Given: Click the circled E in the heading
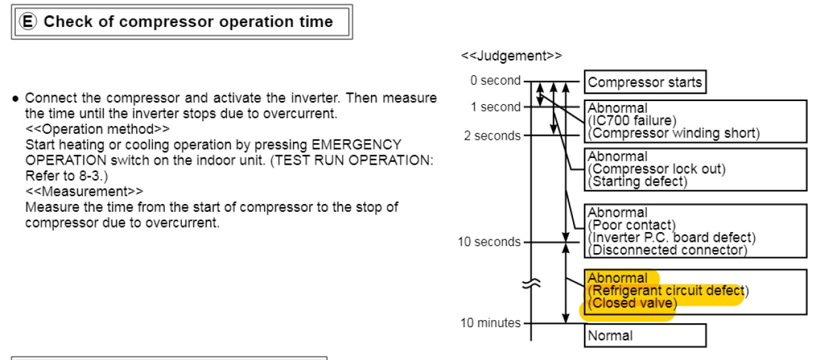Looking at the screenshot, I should (29, 22).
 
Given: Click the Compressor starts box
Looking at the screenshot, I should (644, 83).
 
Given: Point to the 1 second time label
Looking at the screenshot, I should (495, 108).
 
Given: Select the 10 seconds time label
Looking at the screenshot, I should (489, 242).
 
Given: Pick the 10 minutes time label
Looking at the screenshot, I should (490, 323).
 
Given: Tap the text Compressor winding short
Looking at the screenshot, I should (673, 133).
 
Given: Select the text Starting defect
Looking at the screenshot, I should (637, 182).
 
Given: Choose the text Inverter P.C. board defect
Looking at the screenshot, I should (671, 237).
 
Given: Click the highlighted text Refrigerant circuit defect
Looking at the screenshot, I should (667, 290).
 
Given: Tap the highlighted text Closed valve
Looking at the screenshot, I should (631, 303).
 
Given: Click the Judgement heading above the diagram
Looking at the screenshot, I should (511, 56).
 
